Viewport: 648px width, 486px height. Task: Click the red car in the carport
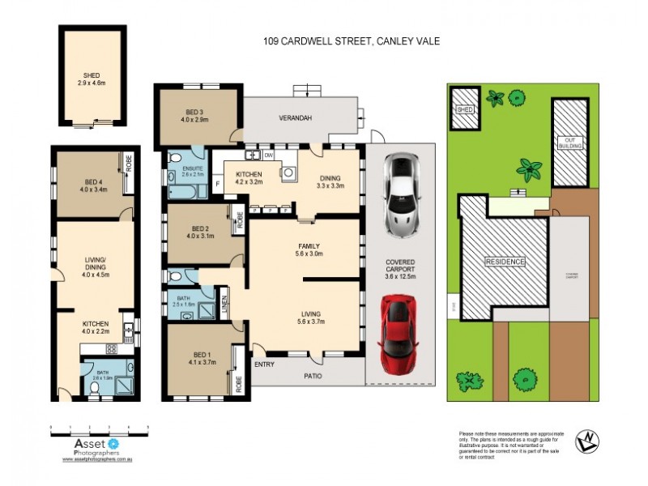[x=398, y=328]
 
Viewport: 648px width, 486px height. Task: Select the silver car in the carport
[x=400, y=194]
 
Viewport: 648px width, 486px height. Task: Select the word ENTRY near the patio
[x=264, y=364]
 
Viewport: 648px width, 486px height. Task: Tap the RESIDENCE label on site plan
[x=505, y=262]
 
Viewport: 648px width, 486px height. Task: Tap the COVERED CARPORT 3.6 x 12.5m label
[x=399, y=269]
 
